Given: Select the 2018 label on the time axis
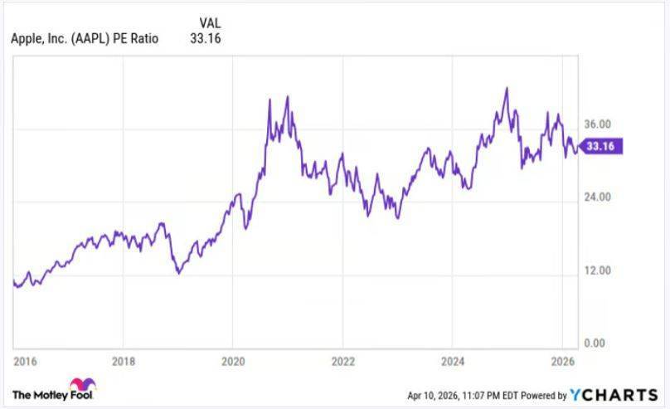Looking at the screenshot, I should click(123, 362).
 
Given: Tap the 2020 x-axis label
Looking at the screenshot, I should click(232, 362).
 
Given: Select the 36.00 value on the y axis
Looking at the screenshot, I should click(597, 124).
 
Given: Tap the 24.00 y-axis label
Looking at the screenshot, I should click(597, 197).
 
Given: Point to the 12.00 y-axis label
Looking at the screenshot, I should click(597, 270).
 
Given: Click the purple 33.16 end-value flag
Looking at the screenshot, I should click(600, 147).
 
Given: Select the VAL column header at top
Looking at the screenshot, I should click(210, 22).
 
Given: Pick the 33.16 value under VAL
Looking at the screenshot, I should click(206, 38).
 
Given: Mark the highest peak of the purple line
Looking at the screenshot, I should click(505, 87).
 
